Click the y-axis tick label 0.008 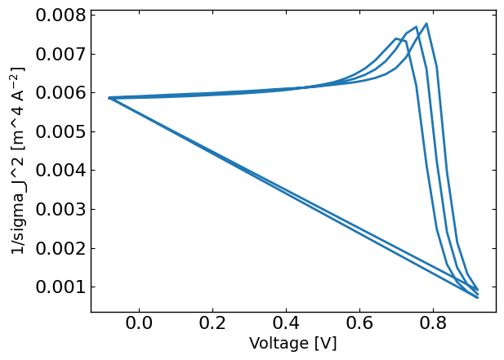(60, 16)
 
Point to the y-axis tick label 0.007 (60, 54)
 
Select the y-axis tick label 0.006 (60, 93)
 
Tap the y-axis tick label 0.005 (60, 131)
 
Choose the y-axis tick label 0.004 (60, 171)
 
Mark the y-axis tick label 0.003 (60, 209)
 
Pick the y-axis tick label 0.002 (60, 248)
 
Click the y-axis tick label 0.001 (60, 287)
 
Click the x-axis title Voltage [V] (292, 344)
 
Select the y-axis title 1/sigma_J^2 (19, 160)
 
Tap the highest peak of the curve (426, 24)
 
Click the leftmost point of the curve (109, 98)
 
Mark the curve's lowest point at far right (477, 297)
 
